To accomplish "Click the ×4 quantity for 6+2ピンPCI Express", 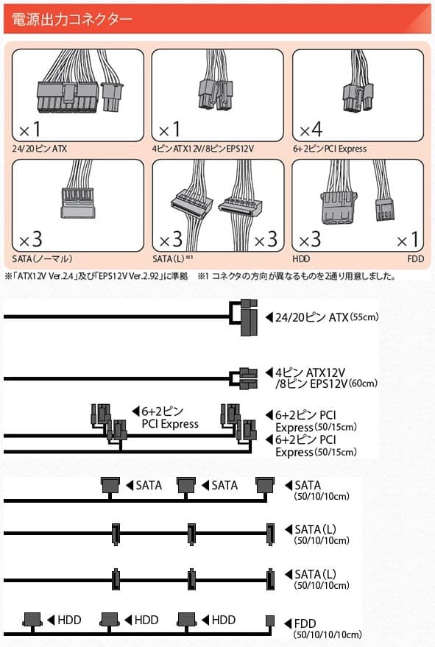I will pyautogui.click(x=308, y=131).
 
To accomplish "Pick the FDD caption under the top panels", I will pyautogui.click(x=414, y=260).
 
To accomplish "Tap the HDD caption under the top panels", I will pyautogui.click(x=302, y=260).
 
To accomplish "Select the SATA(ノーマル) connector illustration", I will pyautogui.click(x=77, y=202).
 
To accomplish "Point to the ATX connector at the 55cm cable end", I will pyautogui.click(x=246, y=317).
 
